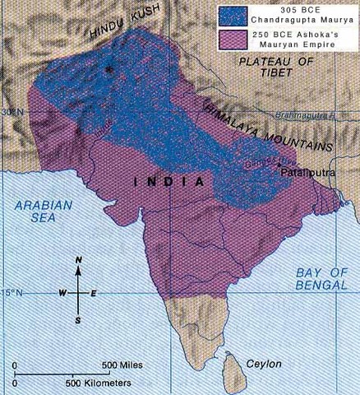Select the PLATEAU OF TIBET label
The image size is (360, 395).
coord(275,68)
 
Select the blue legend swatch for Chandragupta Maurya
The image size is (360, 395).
coord(233,15)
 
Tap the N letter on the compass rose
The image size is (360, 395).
coord(79,262)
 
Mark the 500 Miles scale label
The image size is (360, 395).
coord(122,365)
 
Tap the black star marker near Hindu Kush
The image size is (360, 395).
coord(108,69)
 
